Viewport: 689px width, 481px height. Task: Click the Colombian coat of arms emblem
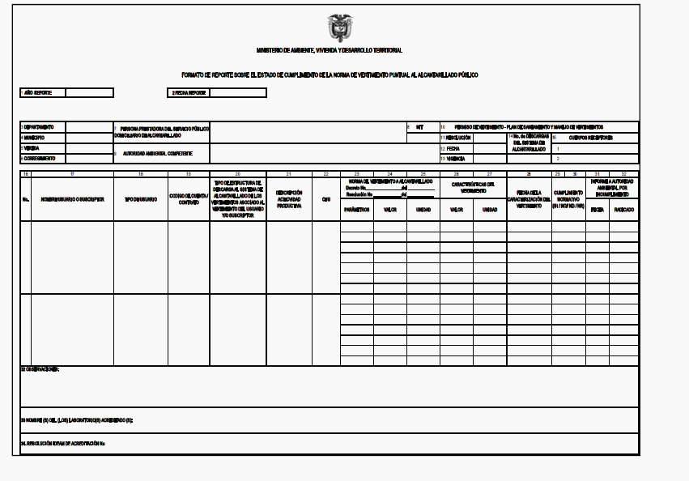340,27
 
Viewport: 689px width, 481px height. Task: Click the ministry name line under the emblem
329,50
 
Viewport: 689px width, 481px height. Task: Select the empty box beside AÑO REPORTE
89,93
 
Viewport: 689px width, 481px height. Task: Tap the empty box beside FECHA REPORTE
237,93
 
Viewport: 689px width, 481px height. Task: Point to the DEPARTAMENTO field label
39,127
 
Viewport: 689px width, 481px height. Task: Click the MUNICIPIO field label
35,138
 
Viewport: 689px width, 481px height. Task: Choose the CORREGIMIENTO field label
40,159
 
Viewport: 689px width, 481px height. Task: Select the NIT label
419,127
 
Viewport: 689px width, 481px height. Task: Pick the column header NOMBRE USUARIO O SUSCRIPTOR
73,199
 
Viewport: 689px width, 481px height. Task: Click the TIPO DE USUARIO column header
140,199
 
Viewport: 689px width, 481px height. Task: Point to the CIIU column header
325,199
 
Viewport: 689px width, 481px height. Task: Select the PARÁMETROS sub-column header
356,209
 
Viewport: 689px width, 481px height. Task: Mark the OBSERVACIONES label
40,369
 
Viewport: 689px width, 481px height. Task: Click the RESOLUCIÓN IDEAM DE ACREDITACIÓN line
65,444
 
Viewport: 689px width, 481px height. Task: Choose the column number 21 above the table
289,174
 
